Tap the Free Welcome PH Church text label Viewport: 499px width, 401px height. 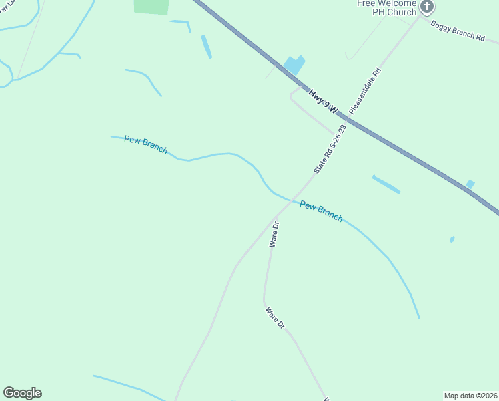(x=386, y=7)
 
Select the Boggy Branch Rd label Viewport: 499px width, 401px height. (x=458, y=31)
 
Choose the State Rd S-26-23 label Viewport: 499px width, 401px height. (x=330, y=150)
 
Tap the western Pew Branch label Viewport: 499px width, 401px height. (x=145, y=145)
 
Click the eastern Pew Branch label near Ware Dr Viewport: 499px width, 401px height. (x=321, y=211)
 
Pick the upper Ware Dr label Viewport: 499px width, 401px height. (x=274, y=235)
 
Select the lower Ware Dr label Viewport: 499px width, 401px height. (x=276, y=318)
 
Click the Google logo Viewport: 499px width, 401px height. (x=23, y=393)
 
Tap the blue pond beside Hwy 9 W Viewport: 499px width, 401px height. (x=294, y=65)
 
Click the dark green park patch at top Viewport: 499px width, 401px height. (x=151, y=6)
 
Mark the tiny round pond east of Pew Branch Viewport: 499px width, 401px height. (x=452, y=239)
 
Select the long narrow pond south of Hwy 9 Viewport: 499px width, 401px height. (x=386, y=184)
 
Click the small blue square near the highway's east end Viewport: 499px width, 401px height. (x=470, y=184)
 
